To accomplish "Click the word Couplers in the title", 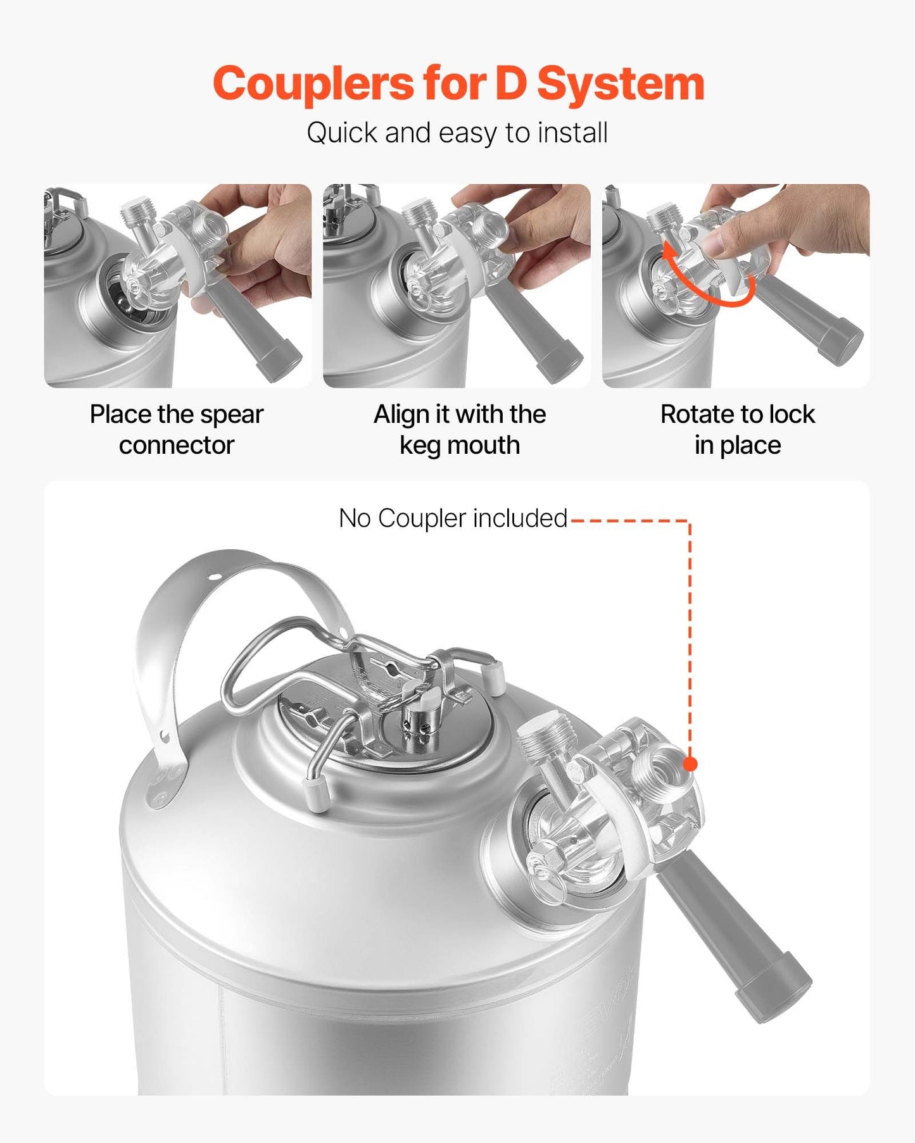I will [314, 84].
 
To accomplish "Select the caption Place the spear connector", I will [177, 429].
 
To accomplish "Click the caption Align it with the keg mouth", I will [460, 429].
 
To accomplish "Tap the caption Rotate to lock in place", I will [738, 429].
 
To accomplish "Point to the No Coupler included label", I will [453, 518].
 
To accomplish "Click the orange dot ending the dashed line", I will [690, 764].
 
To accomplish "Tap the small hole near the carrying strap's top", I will [216, 577].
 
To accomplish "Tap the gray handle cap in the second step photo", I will [560, 366].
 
